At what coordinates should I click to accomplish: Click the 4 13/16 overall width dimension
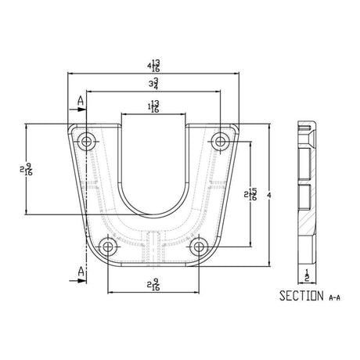154,64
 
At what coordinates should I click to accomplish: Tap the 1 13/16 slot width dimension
154,107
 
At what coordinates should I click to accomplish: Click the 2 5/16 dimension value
251,194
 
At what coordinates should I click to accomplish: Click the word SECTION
298,296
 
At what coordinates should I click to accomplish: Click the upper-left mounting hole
86,141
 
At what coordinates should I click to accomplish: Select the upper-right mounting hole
222,141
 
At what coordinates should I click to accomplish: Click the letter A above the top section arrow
81,102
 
